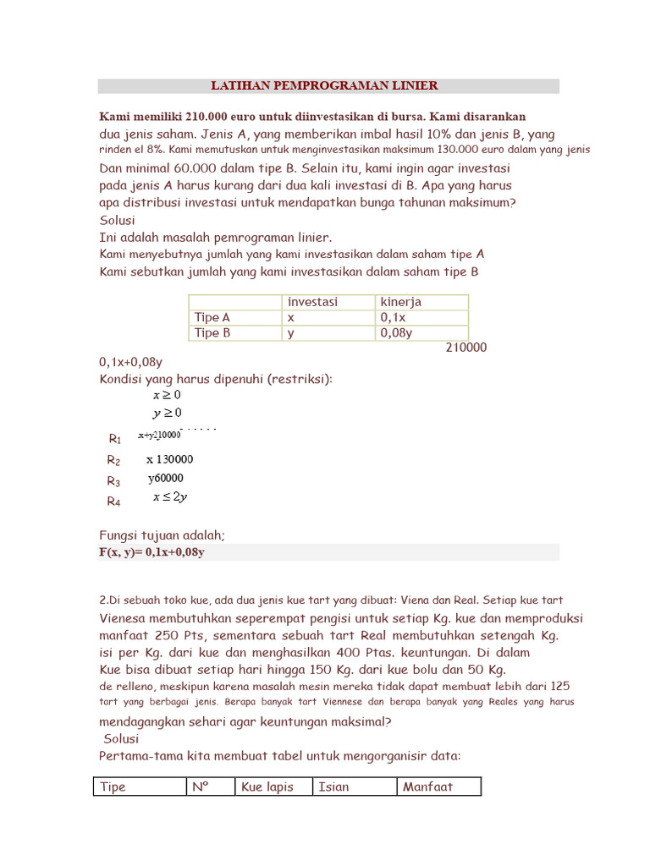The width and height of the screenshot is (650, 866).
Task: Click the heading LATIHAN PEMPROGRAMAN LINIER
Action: pos(324,85)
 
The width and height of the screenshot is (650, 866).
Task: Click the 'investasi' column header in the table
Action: pos(312,302)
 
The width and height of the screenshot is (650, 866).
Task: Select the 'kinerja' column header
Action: pos(401,302)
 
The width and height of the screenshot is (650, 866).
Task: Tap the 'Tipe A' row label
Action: pos(212,317)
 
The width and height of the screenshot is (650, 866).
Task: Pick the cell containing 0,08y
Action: pos(396,332)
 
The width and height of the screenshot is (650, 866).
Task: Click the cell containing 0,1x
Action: pos(394,317)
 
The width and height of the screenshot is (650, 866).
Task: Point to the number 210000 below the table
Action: pos(465,348)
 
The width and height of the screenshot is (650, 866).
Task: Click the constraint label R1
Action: pos(115,439)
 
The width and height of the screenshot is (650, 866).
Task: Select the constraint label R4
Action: pos(113,501)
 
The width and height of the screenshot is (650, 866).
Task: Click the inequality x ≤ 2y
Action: pos(170,497)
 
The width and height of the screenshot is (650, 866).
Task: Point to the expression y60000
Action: pos(166,478)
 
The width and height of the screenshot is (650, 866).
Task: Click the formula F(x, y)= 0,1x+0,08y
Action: pos(152,552)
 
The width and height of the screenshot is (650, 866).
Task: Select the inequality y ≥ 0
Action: pos(167,413)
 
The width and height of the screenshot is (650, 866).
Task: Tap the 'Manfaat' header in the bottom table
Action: pos(427,787)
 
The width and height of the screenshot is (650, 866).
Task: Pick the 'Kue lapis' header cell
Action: pos(267,787)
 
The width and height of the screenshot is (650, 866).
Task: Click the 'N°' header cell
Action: pos(201,787)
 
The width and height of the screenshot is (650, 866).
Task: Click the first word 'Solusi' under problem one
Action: pos(118,221)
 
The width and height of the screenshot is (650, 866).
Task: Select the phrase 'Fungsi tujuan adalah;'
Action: pos(162,535)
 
